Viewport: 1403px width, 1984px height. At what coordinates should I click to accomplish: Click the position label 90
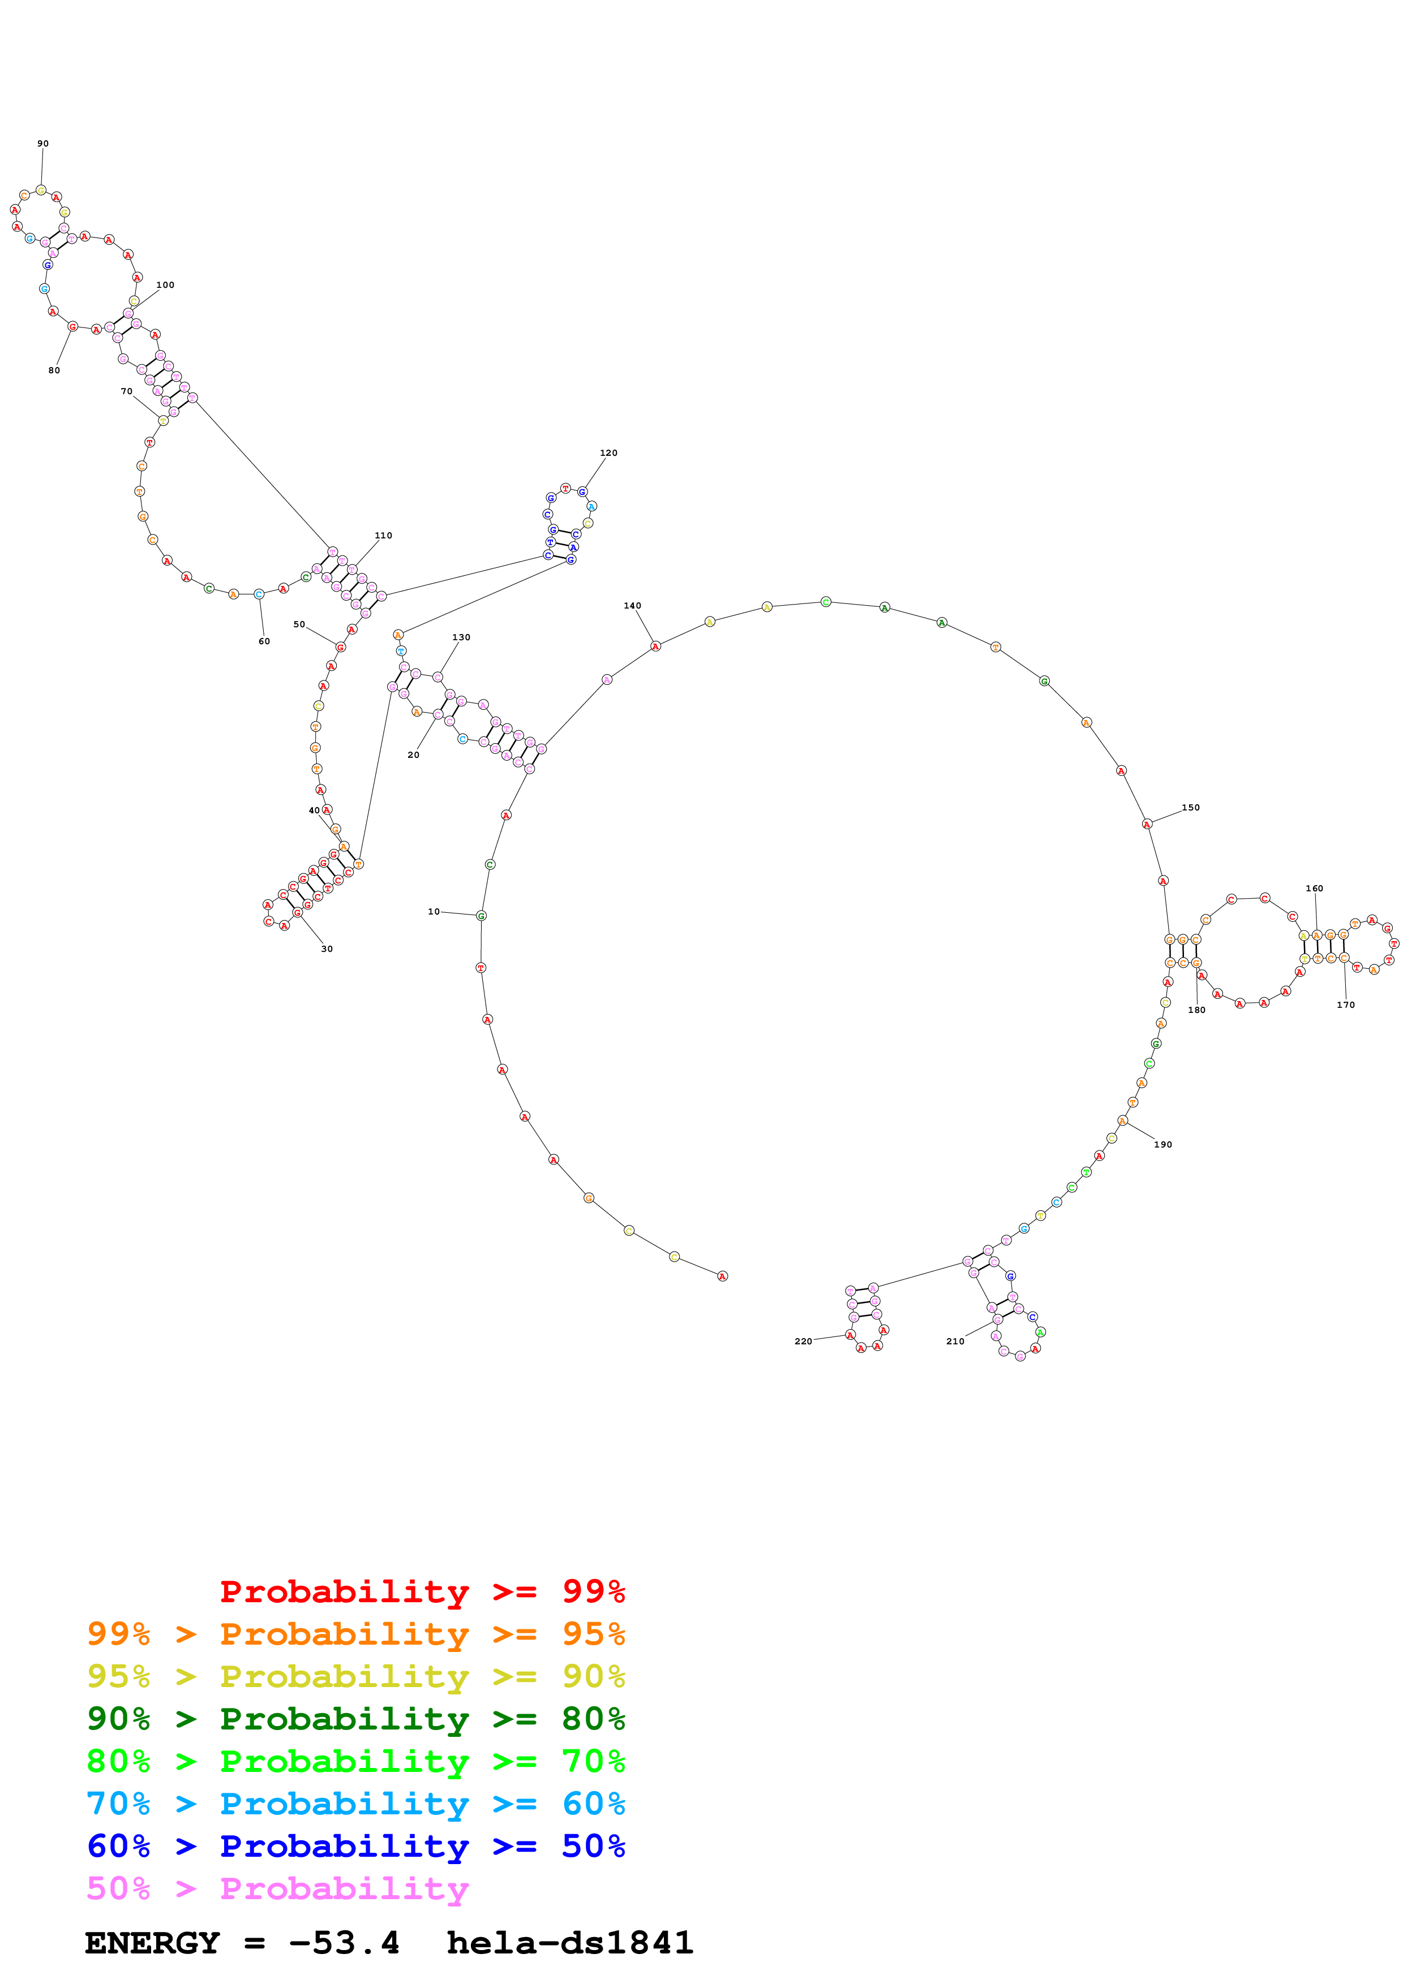(x=43, y=144)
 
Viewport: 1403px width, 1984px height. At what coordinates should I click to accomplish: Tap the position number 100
(x=165, y=284)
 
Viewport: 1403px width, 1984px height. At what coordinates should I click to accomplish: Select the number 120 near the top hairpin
(x=608, y=453)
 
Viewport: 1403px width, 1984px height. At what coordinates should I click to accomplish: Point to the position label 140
(x=633, y=606)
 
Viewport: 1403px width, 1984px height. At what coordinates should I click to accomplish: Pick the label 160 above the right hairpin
(x=1314, y=889)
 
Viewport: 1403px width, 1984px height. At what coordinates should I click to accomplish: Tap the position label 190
(x=1162, y=1144)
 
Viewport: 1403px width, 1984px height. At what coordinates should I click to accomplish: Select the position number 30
(x=327, y=949)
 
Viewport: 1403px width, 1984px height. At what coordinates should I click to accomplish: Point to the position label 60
(x=264, y=641)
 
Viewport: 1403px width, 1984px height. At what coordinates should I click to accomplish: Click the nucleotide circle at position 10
(x=482, y=916)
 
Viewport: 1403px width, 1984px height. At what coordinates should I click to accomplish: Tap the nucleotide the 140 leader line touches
(x=655, y=646)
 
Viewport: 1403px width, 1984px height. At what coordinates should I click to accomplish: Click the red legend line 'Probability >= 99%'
(x=422, y=1591)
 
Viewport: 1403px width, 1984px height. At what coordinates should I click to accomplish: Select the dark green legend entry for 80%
(x=356, y=1719)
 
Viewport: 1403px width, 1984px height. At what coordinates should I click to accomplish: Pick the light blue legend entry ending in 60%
(x=356, y=1804)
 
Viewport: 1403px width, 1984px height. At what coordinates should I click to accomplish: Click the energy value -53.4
(x=344, y=1943)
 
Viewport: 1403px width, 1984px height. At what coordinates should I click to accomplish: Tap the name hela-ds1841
(x=570, y=1943)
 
